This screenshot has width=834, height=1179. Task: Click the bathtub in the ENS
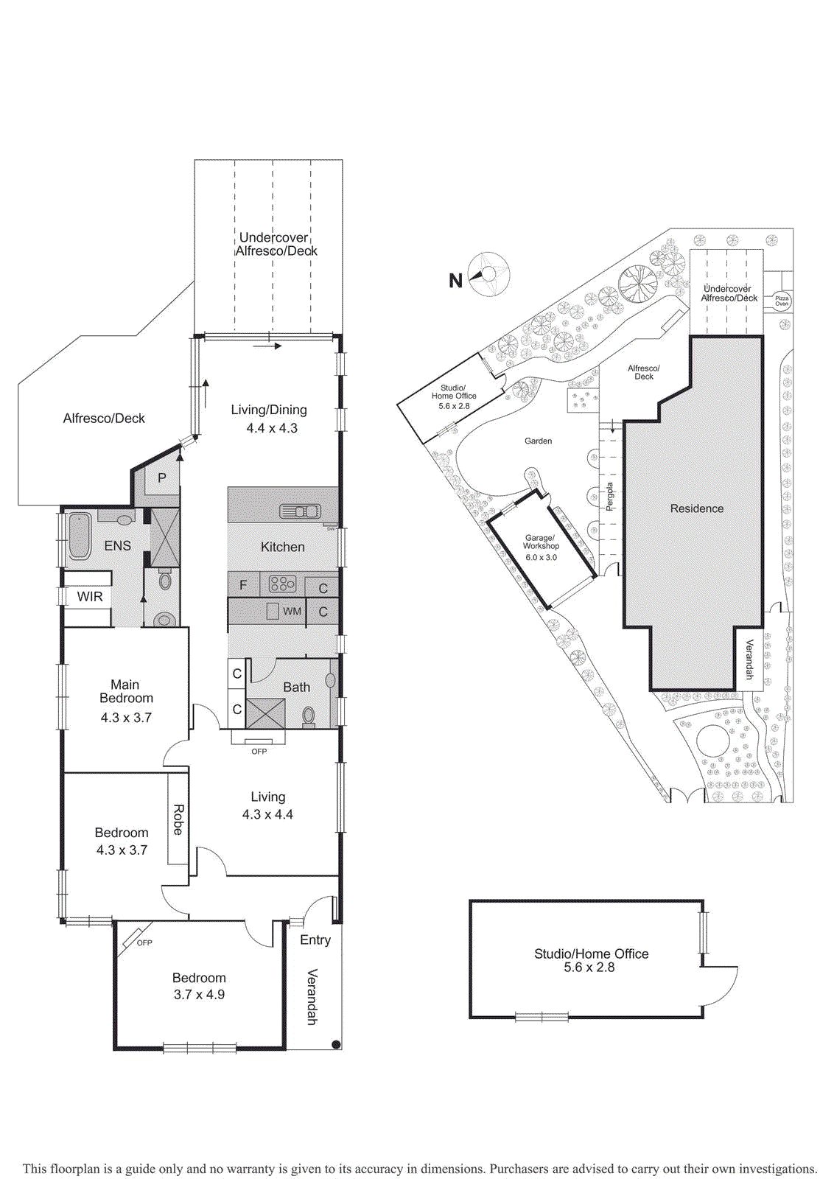(x=79, y=537)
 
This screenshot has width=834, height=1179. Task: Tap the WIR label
(x=90, y=597)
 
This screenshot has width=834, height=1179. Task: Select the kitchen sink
(x=300, y=511)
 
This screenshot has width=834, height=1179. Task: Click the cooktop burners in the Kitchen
(x=282, y=584)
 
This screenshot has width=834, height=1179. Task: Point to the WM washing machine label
(x=292, y=612)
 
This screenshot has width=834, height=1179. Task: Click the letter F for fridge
(x=243, y=586)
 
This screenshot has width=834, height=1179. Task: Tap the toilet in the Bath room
(x=308, y=715)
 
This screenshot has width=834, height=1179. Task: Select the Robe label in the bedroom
(x=178, y=819)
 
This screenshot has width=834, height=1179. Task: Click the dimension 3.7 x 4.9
(x=199, y=995)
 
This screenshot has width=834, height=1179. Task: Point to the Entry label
(x=315, y=940)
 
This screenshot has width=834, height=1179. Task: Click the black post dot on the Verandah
(x=336, y=1044)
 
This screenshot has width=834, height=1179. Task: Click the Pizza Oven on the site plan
(x=782, y=301)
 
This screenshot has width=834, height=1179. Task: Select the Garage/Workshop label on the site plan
(x=541, y=542)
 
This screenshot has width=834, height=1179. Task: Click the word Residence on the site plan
(x=696, y=508)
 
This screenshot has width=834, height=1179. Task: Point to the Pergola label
(x=609, y=497)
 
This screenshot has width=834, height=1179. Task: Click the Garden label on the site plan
(x=538, y=441)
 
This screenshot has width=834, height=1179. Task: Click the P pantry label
(x=162, y=477)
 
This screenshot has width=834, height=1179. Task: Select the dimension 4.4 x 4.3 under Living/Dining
(x=272, y=428)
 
